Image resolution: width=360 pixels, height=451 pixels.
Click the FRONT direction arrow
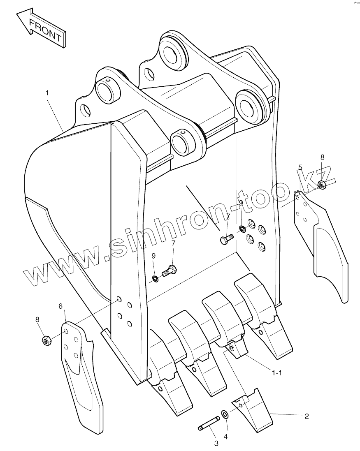(40, 28)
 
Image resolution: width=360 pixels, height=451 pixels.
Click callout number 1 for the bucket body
(47, 93)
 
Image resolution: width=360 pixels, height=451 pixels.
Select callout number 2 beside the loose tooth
(306, 416)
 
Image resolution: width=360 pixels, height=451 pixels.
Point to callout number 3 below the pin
(216, 443)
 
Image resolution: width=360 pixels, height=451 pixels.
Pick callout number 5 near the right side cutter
(300, 167)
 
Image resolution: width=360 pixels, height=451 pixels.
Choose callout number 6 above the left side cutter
(60, 306)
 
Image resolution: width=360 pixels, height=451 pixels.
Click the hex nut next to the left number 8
(46, 340)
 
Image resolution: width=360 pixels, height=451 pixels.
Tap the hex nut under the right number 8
(322, 185)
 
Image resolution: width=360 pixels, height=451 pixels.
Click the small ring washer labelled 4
(225, 414)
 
